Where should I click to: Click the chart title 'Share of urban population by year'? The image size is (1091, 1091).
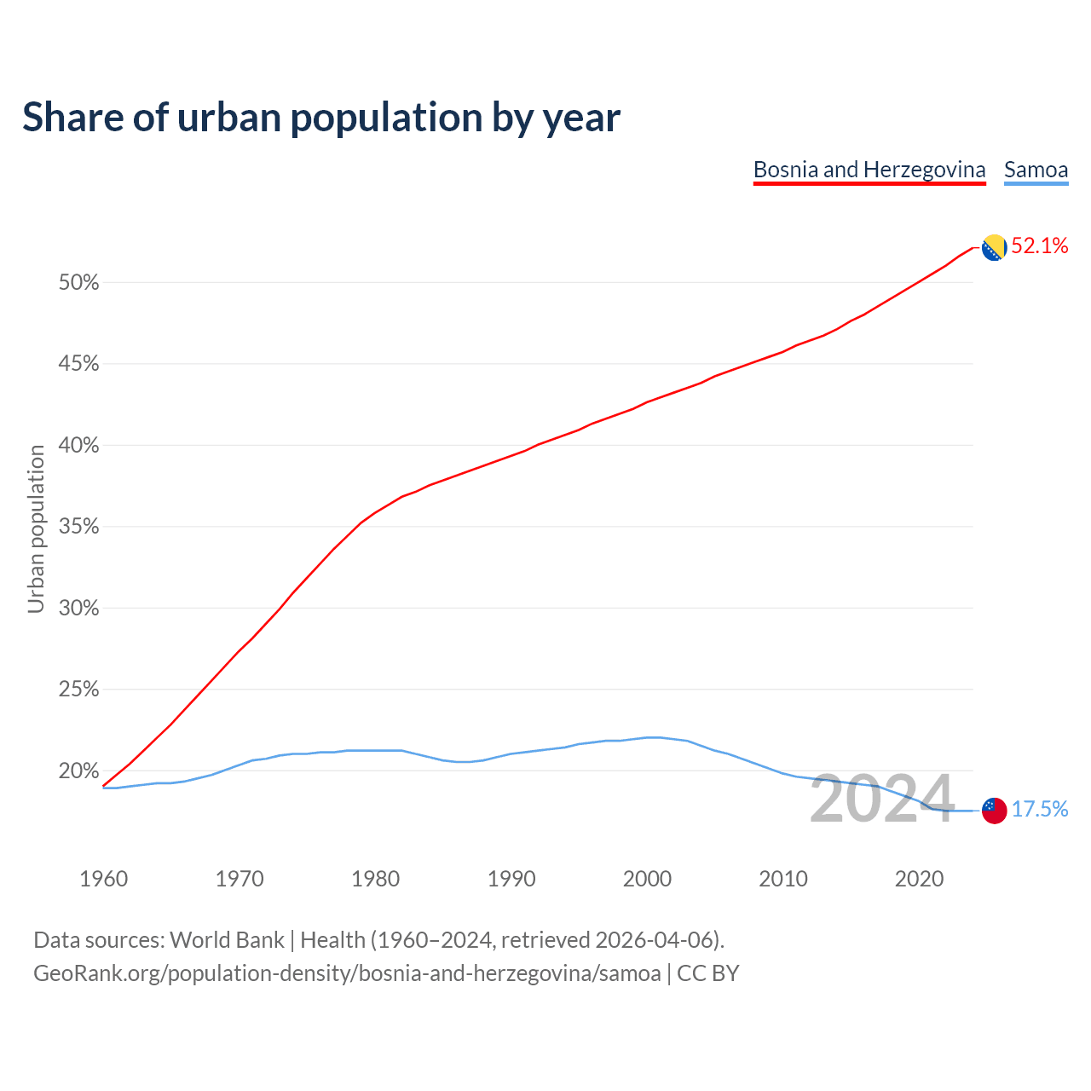[x=321, y=118]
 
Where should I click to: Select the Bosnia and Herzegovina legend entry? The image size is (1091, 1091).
[x=869, y=170]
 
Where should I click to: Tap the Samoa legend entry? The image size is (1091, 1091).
[x=1036, y=170]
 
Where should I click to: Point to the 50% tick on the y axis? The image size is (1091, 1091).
[x=79, y=283]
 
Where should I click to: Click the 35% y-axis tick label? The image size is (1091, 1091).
[x=79, y=527]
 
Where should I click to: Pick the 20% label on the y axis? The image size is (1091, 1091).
[x=79, y=771]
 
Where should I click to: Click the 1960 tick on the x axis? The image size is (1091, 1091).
[x=103, y=879]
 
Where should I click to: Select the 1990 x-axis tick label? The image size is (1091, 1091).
[x=511, y=879]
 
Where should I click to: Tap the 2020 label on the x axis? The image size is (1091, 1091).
[x=919, y=879]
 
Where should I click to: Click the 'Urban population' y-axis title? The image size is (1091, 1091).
[x=36, y=528]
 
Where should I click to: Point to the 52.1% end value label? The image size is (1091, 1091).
[x=1040, y=246]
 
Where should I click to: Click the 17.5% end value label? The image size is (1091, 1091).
[x=1040, y=810]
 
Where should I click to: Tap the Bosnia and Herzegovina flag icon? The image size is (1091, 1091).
[x=994, y=248]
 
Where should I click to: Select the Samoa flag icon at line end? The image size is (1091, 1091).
[x=994, y=811]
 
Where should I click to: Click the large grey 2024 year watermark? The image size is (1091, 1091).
[x=882, y=799]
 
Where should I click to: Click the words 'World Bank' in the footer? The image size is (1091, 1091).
[x=227, y=940]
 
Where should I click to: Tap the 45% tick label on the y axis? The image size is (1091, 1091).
[x=79, y=364]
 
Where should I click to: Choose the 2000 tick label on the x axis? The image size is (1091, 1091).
[x=647, y=879]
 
